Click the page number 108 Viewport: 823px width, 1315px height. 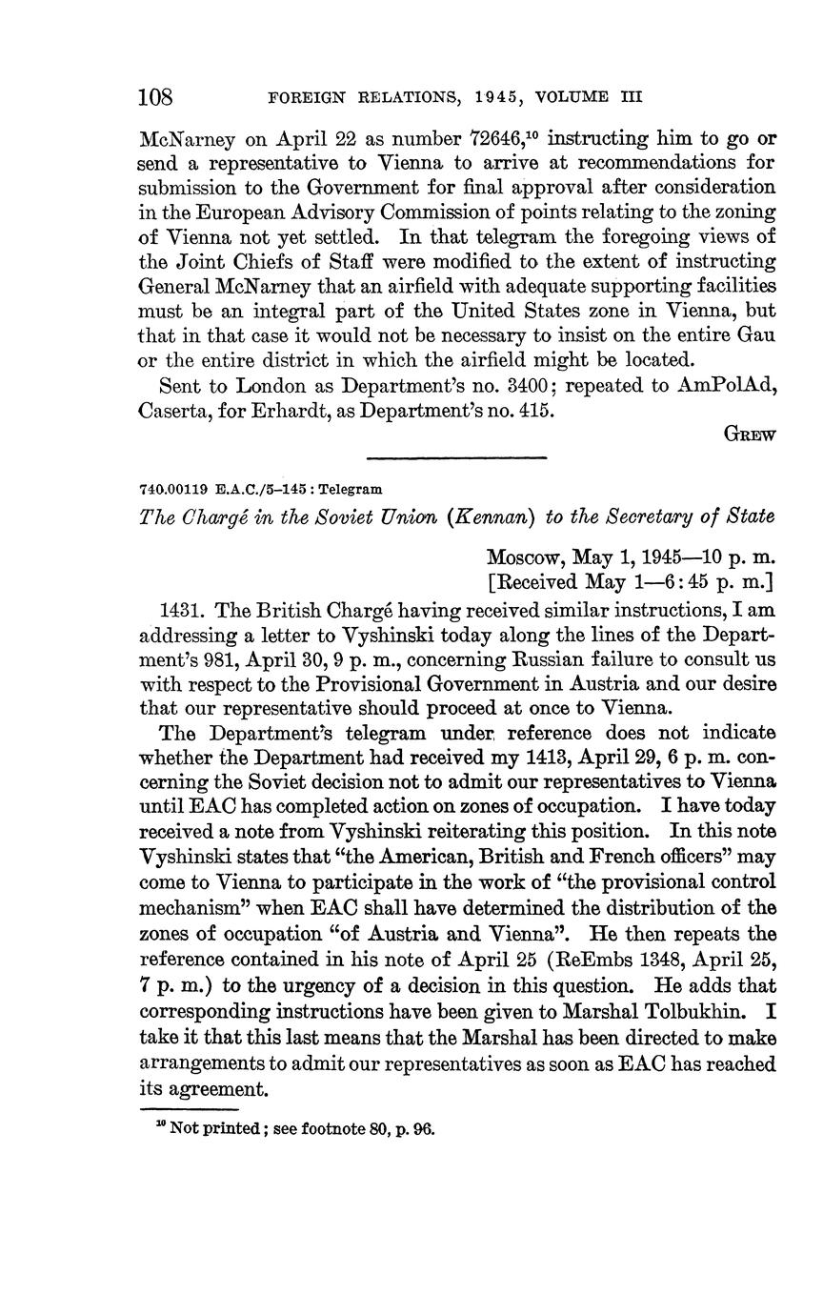155,98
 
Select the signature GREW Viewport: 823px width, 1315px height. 751,435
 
